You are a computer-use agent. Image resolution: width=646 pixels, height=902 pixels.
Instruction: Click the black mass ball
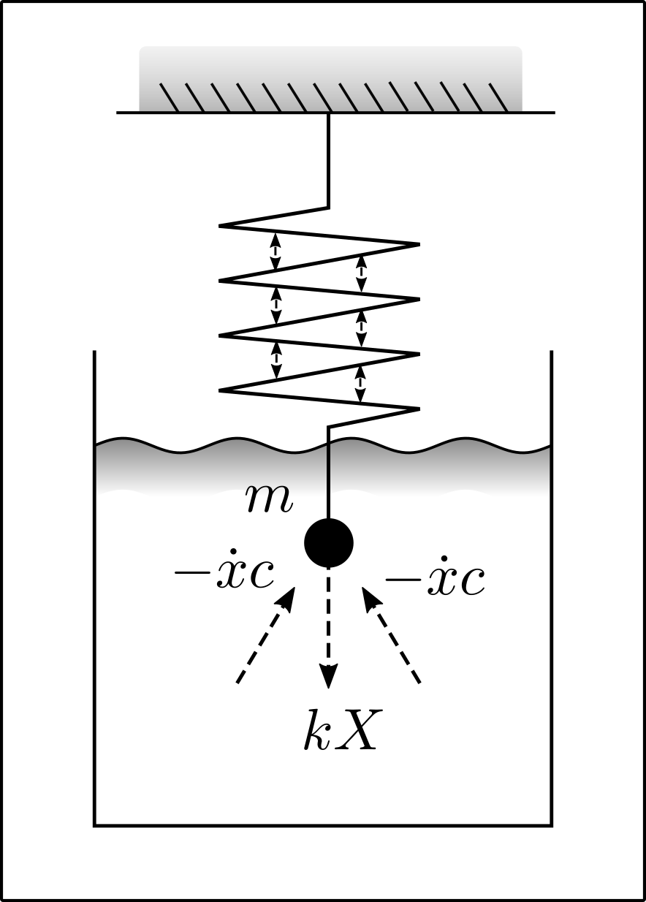(329, 543)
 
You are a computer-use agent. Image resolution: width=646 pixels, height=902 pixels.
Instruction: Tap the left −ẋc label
(224, 575)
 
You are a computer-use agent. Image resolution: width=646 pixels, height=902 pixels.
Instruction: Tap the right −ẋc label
(436, 580)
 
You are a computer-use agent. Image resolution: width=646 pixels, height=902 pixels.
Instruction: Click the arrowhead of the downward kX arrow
(329, 676)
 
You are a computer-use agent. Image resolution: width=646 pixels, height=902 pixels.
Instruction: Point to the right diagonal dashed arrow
(392, 636)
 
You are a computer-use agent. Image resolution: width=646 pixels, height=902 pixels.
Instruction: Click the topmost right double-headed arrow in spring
(361, 273)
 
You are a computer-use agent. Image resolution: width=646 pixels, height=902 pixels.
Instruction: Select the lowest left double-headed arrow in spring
(275, 360)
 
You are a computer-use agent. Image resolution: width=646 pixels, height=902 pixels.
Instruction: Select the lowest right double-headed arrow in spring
(360, 384)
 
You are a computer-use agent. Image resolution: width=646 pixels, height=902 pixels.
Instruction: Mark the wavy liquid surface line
(219, 444)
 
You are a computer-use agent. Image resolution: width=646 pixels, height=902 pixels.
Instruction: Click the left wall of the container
(94, 585)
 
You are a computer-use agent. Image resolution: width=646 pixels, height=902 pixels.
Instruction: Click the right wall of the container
(551, 585)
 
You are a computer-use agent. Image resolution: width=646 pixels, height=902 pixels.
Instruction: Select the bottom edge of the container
(322, 826)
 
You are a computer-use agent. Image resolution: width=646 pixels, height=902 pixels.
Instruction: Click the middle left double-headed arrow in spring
(275, 306)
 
